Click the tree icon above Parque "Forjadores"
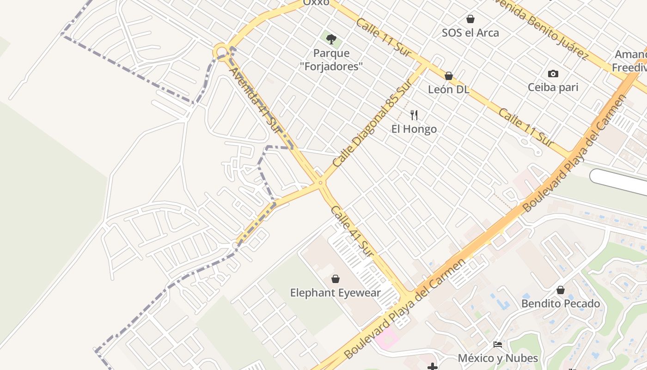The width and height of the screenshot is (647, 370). [x=331, y=39]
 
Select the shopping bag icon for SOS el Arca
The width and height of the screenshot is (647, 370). [x=470, y=19]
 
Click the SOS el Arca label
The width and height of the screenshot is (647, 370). [x=470, y=33]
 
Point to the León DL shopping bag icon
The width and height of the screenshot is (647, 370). [x=448, y=76]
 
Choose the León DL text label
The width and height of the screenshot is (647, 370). [x=448, y=90]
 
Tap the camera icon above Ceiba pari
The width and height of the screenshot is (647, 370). [x=553, y=74]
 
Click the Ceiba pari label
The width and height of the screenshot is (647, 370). [x=553, y=87]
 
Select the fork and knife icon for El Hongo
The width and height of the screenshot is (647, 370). [x=414, y=115]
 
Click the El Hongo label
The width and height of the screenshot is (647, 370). [x=414, y=129]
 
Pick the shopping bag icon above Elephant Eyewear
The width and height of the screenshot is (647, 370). [x=336, y=279]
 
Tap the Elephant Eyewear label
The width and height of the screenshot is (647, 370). [x=336, y=293]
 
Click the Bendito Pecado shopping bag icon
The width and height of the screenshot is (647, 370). [x=561, y=290]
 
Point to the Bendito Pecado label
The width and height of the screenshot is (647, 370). [x=561, y=304]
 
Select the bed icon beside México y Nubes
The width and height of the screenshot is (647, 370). [x=498, y=345]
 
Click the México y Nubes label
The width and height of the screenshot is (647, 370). [x=498, y=358]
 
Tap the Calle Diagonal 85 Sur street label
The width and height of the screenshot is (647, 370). [x=372, y=123]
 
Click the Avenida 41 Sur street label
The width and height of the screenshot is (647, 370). [x=255, y=100]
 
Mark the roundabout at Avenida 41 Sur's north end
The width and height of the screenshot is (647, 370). [x=221, y=51]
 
